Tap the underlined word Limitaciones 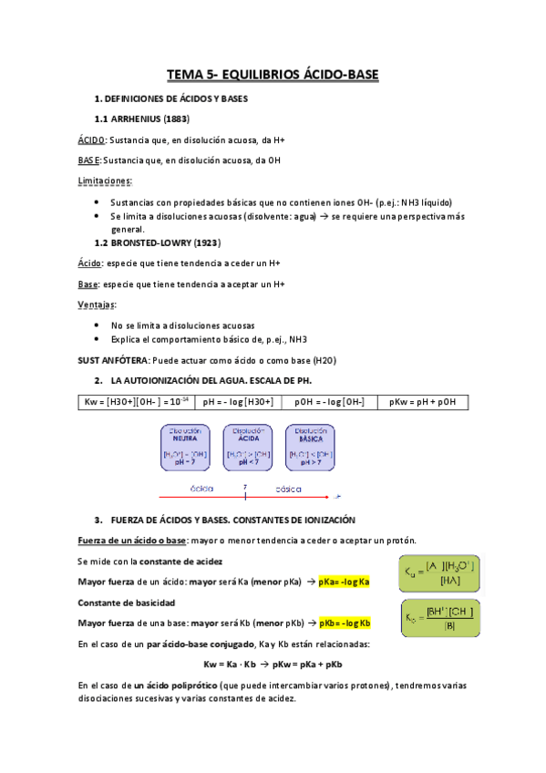pyautogui.click(x=104, y=181)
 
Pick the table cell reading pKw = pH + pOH pyautogui.click(x=422, y=402)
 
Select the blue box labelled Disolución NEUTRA pyautogui.click(x=186, y=447)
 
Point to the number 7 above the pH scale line pyautogui.click(x=244, y=488)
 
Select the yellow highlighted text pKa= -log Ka pyautogui.click(x=344, y=582)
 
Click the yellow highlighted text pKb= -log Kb pyautogui.click(x=345, y=624)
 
